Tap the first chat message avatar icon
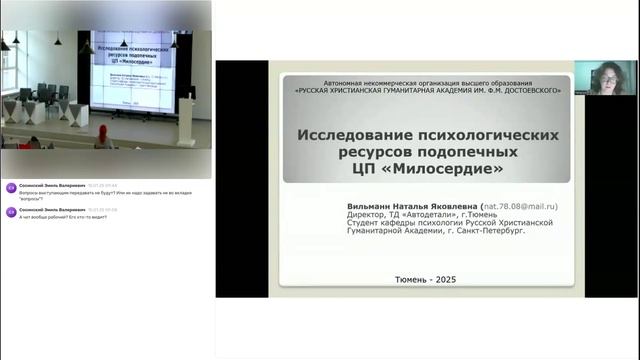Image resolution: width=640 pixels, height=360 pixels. (x=11, y=187)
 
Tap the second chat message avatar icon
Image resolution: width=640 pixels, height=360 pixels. (x=11, y=211)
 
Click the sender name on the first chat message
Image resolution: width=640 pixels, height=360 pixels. (x=51, y=184)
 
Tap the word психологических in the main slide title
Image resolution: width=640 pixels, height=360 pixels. (x=488, y=134)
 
